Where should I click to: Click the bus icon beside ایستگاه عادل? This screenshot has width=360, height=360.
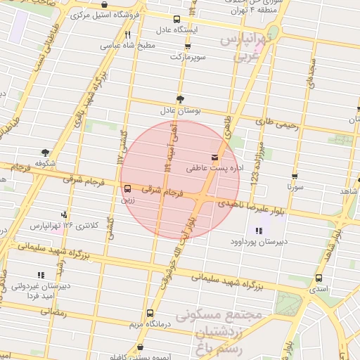176,20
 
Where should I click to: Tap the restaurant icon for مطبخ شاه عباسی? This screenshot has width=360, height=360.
127,34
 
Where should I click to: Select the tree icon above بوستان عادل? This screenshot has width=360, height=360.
180,100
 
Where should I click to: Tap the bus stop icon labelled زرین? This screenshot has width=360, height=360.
127,188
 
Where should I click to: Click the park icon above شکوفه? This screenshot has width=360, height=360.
46,153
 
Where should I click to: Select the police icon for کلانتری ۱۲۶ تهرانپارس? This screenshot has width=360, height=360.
65,214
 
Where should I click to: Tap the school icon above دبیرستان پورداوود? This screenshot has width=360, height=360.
258,230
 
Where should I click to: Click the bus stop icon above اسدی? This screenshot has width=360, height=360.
319,278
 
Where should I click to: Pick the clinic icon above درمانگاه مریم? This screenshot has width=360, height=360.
149,314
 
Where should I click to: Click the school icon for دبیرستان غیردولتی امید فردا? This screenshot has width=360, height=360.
40,275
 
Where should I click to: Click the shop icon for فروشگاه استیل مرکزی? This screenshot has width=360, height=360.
104,5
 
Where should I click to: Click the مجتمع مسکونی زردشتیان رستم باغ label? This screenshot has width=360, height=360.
221,330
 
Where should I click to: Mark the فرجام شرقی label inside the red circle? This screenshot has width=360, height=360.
163,190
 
